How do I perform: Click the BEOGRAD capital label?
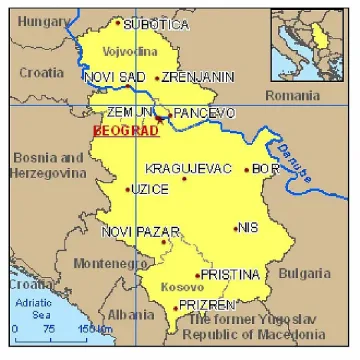pos(119,130)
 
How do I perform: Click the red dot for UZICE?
pos(128,188)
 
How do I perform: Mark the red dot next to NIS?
pos(236,228)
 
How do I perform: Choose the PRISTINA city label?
pos(230,274)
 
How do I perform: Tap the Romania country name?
pos(292,93)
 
